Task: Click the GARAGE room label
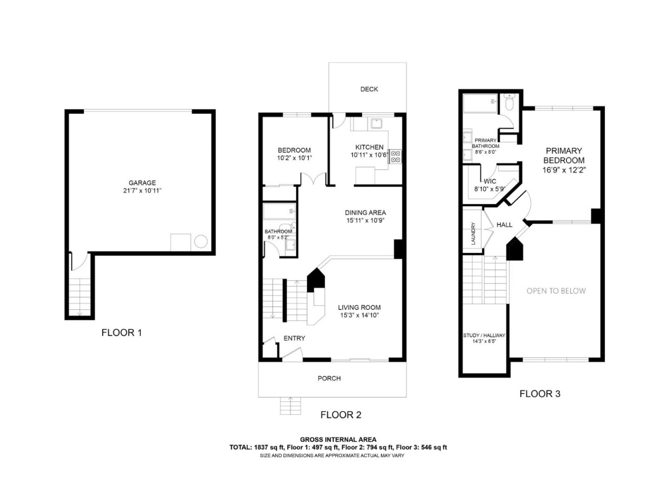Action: pyautogui.click(x=142, y=183)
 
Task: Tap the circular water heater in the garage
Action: pyautogui.click(x=201, y=242)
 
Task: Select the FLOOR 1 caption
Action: pyautogui.click(x=121, y=333)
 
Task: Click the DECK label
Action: pyautogui.click(x=369, y=89)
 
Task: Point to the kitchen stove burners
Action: pyautogui.click(x=395, y=156)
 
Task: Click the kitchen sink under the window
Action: pyautogui.click(x=375, y=124)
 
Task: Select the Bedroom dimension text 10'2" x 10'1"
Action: pyautogui.click(x=294, y=158)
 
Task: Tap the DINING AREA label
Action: pyautogui.click(x=365, y=213)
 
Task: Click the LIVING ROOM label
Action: pyautogui.click(x=359, y=307)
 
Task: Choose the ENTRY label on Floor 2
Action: pyautogui.click(x=294, y=338)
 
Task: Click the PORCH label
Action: pyautogui.click(x=329, y=379)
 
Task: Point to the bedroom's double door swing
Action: pyautogui.click(x=314, y=179)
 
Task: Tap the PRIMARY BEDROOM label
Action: pyautogui.click(x=564, y=155)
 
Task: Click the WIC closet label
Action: pyautogui.click(x=490, y=181)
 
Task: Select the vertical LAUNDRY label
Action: pyautogui.click(x=473, y=234)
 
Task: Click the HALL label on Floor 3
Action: pyautogui.click(x=504, y=225)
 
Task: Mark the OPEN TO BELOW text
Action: pyautogui.click(x=556, y=291)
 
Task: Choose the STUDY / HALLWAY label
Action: pyautogui.click(x=484, y=335)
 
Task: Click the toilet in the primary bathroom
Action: pyautogui.click(x=510, y=103)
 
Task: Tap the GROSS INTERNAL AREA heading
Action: pyautogui.click(x=338, y=439)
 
